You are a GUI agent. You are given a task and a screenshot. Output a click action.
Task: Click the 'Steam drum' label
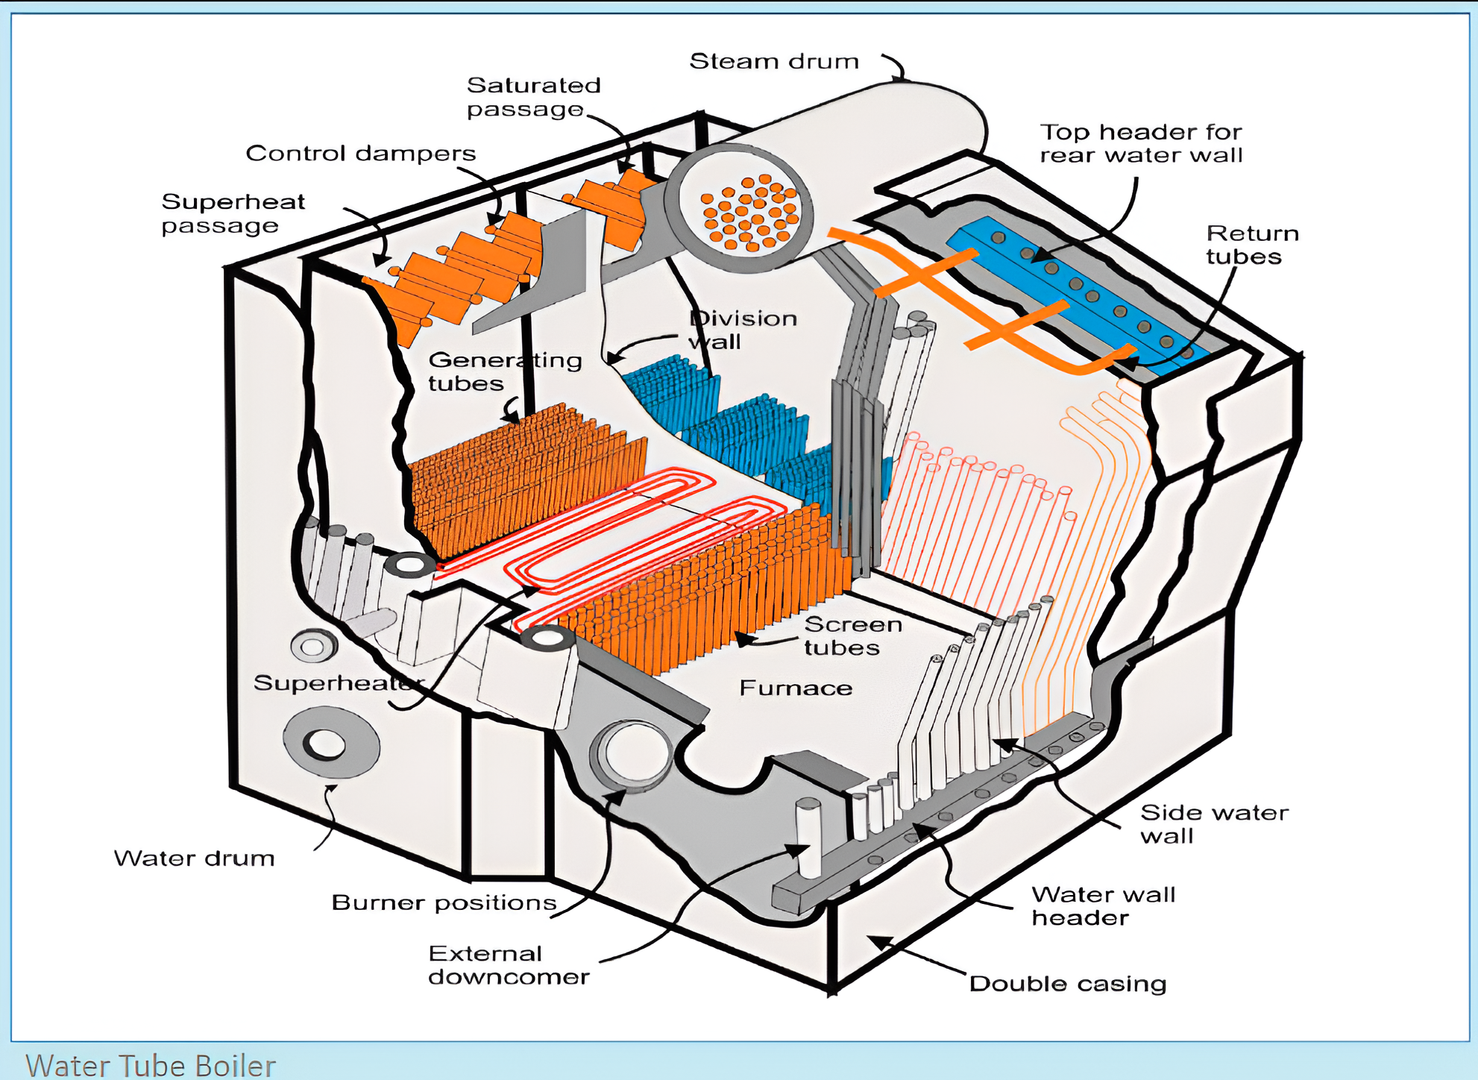pyautogui.click(x=774, y=61)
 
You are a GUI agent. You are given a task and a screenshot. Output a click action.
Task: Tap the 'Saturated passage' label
pyautogui.click(x=534, y=97)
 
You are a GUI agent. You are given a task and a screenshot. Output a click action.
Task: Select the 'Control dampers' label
pyautogui.click(x=361, y=154)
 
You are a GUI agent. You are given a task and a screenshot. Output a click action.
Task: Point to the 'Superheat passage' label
pyautogui.click(x=233, y=213)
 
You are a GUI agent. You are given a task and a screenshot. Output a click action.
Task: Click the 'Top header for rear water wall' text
pyautogui.click(x=1141, y=143)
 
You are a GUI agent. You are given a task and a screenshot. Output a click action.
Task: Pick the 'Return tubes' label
pyautogui.click(x=1253, y=245)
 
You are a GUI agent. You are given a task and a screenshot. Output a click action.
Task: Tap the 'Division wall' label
pyautogui.click(x=743, y=330)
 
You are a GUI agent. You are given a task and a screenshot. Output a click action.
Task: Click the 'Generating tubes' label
pyautogui.click(x=505, y=371)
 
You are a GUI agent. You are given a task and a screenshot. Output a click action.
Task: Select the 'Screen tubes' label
pyautogui.click(x=853, y=635)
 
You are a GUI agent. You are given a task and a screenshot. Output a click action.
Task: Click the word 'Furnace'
pyautogui.click(x=796, y=688)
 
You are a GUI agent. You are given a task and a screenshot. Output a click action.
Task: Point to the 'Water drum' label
pyautogui.click(x=194, y=858)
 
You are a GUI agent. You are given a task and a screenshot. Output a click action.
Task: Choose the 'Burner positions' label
pyautogui.click(x=444, y=902)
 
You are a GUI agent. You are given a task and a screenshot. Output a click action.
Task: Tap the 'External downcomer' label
pyautogui.click(x=509, y=965)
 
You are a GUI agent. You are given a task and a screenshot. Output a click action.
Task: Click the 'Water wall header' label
pyautogui.click(x=1104, y=905)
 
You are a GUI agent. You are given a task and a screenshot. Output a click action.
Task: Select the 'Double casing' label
pyautogui.click(x=1068, y=984)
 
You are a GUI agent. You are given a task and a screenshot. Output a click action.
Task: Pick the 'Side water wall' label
pyautogui.click(x=1215, y=824)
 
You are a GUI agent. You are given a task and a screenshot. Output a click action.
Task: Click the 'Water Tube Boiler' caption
pyautogui.click(x=151, y=1066)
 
